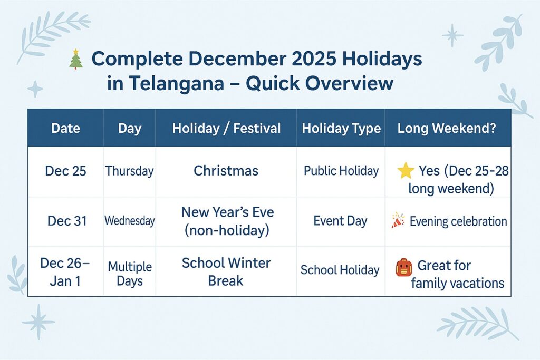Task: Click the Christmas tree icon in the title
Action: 76,59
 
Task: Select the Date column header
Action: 65,128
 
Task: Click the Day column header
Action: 129,128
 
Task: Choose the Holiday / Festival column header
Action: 226,128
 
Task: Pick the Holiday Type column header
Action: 341,128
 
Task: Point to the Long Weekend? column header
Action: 447,128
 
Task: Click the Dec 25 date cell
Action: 66,171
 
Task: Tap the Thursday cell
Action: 129,171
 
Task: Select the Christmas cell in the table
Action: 226,171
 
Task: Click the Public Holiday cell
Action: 341,171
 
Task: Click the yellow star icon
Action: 405,171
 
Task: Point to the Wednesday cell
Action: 129,221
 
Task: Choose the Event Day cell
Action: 340,221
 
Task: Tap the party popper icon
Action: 398,221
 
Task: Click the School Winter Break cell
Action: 226,271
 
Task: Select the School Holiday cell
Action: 340,270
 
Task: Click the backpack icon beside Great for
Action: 403,267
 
